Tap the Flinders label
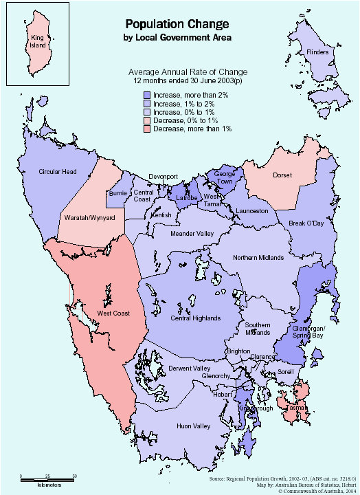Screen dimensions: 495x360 pos(317,52)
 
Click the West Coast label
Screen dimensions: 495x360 pos(114,313)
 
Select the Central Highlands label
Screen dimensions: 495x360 pos(196,318)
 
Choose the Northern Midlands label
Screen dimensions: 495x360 pos(258,258)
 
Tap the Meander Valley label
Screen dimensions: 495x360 pos(192,234)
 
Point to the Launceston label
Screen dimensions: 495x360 pos(251,210)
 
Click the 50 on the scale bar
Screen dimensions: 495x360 pos(74,476)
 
